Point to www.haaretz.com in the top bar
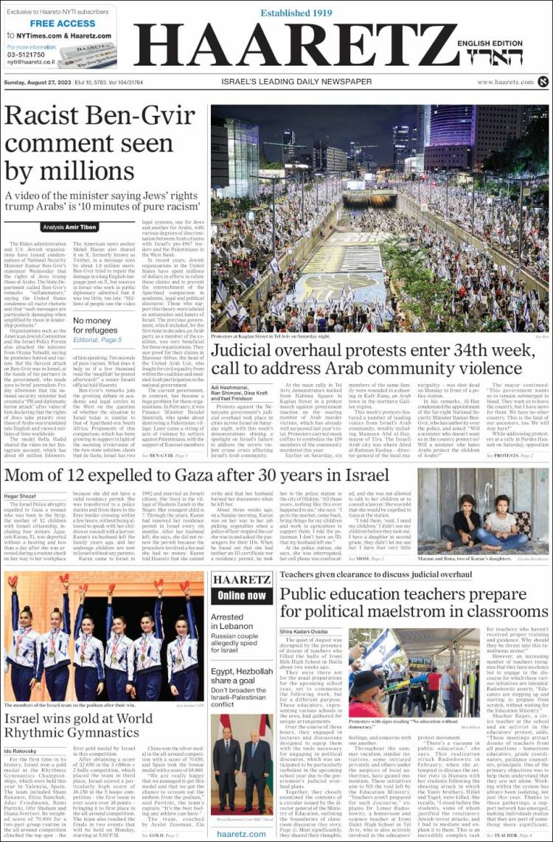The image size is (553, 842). tap(504, 82)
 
